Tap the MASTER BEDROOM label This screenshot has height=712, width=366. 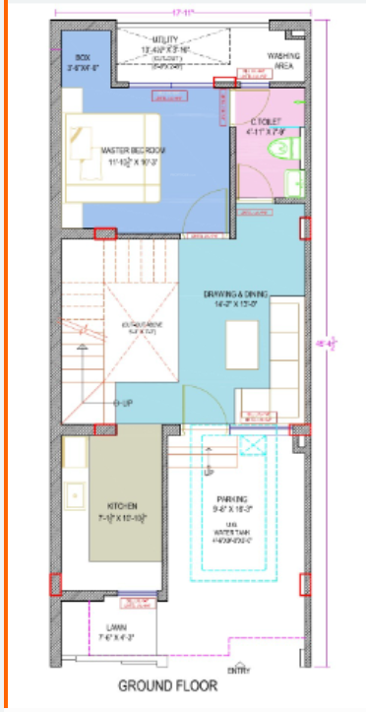(x=134, y=150)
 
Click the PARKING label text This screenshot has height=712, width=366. (x=233, y=498)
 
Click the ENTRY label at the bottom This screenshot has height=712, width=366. (x=238, y=670)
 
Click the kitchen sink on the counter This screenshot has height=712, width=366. (x=75, y=492)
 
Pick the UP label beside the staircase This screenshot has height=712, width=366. (x=126, y=403)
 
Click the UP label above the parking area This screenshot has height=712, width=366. (x=208, y=473)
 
